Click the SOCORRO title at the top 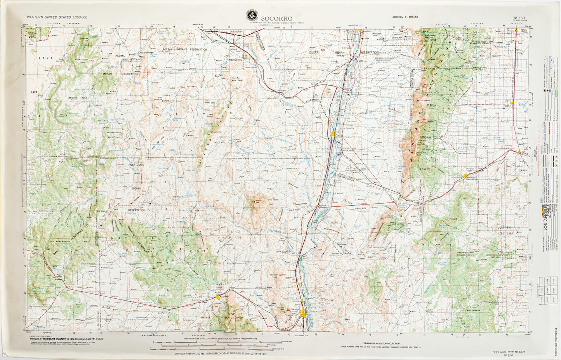277,18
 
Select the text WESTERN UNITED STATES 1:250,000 57,17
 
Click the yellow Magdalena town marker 217,297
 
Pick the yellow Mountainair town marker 465,176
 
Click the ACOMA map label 120,55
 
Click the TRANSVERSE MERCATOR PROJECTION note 380,343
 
